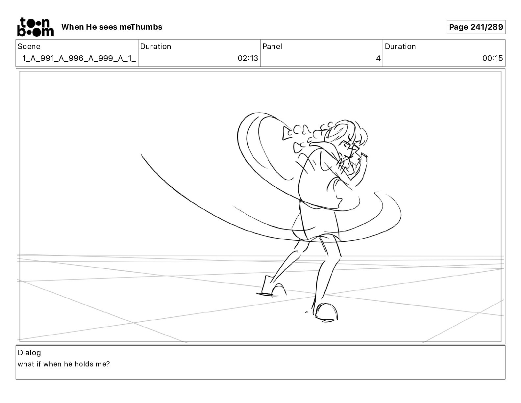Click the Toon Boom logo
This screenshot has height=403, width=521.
(36, 27)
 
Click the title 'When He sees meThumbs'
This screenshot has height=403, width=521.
(112, 27)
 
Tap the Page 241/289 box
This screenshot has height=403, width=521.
(476, 27)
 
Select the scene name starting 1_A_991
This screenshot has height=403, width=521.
(79, 58)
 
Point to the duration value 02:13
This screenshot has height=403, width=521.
(248, 58)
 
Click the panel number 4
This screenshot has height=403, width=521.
(378, 58)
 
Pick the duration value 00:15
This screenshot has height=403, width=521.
(492, 58)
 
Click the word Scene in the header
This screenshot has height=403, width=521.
(29, 46)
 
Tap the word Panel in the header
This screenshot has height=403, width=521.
(272, 46)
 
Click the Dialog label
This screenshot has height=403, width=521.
(29, 353)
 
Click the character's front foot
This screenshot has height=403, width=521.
(326, 312)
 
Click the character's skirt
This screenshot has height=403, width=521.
(316, 221)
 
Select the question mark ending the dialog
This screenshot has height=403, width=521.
(108, 364)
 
